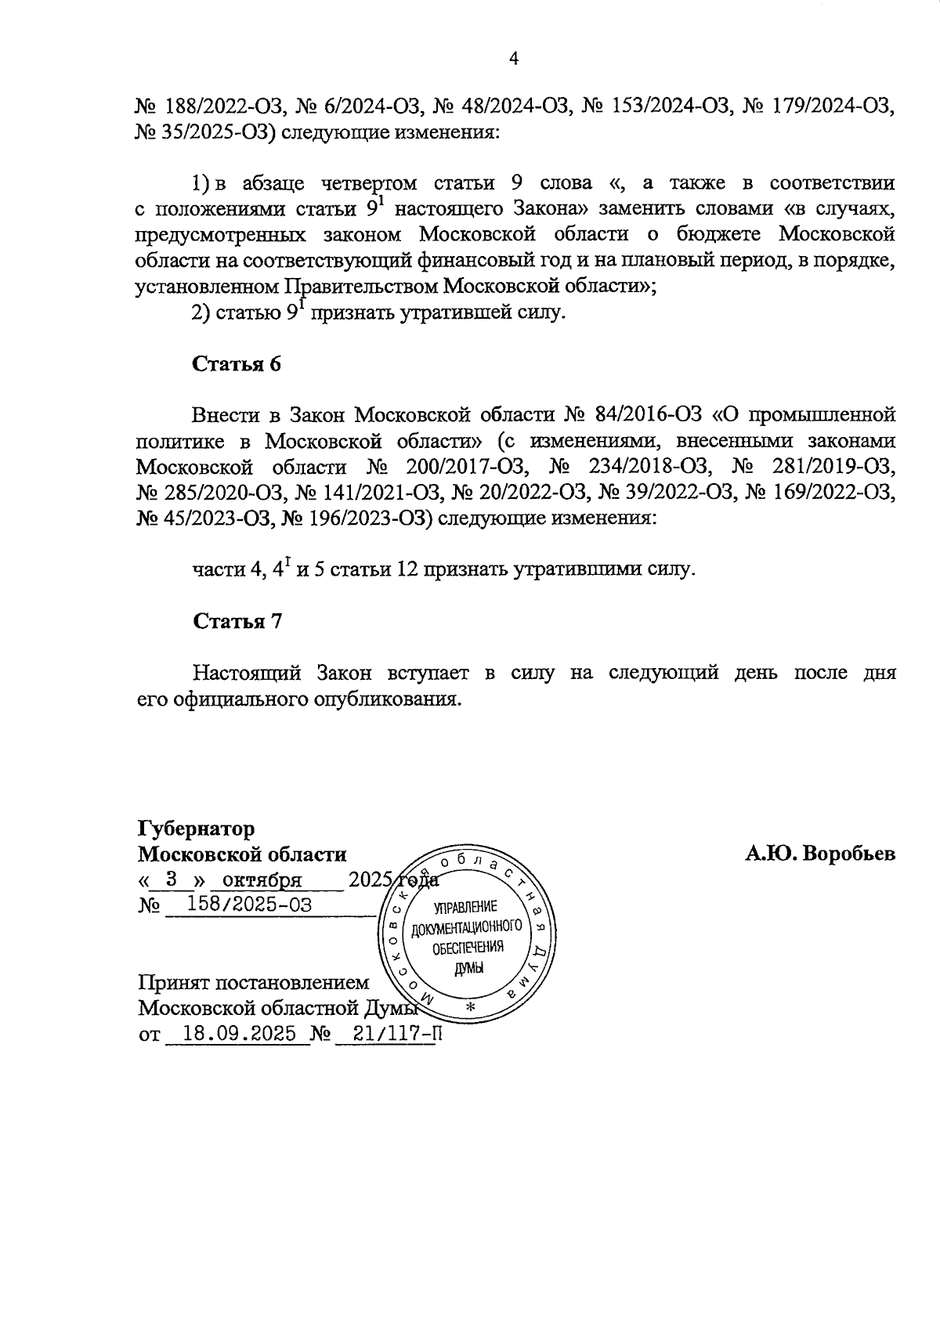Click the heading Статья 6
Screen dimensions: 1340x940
click(x=237, y=364)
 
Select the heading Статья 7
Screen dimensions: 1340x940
click(x=237, y=621)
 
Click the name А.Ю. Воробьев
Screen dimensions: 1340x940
click(x=819, y=854)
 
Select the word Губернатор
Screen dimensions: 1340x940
click(x=196, y=829)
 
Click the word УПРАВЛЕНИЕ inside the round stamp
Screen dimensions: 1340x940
click(x=465, y=908)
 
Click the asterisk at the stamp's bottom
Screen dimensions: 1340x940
click(x=470, y=1006)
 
